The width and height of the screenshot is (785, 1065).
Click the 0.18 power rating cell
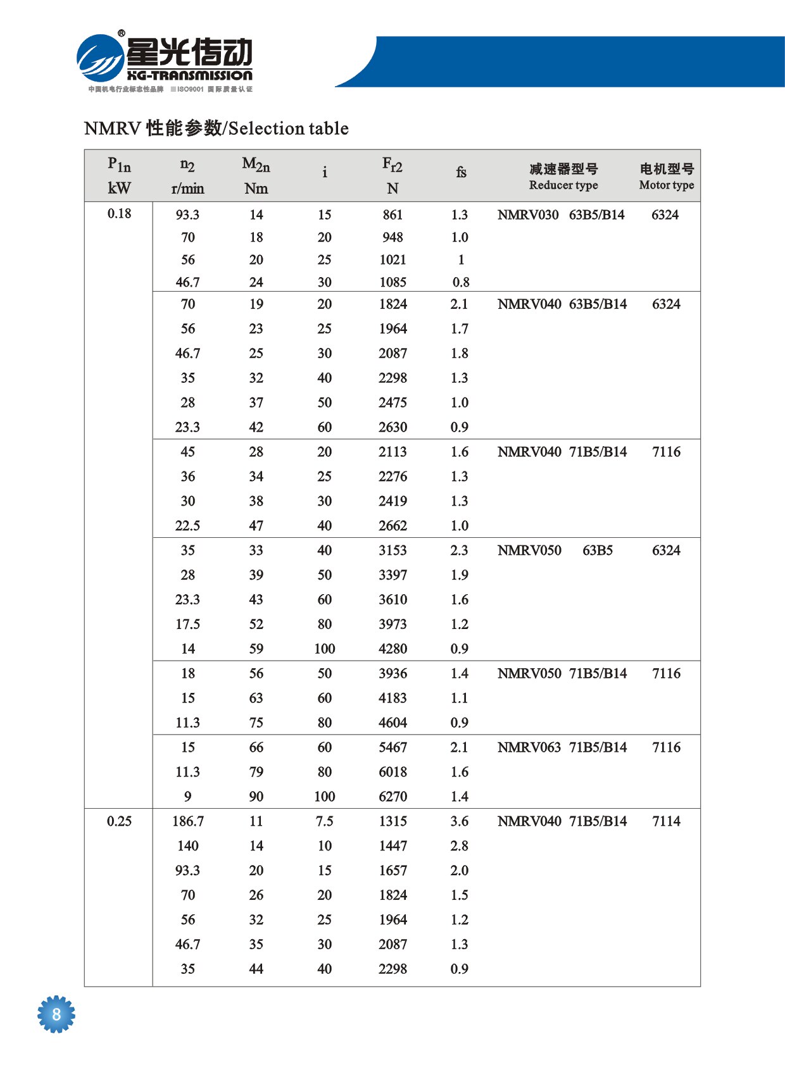pos(119,213)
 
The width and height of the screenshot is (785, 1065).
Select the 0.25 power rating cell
pos(119,821)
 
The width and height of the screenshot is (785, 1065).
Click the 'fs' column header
pos(461,172)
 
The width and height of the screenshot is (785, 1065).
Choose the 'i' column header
pos(325,172)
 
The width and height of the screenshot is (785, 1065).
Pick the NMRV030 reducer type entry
pos(528,215)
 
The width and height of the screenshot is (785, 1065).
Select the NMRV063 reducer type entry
pos(529,747)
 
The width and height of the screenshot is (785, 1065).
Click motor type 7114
pos(666,821)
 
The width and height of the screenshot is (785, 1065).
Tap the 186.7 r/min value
pos(188,821)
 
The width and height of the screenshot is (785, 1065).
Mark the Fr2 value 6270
pos(392,797)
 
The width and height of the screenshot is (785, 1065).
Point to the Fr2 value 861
pos(392,215)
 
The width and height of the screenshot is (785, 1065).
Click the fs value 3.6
pos(460,821)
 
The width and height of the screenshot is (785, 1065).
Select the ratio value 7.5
pos(325,821)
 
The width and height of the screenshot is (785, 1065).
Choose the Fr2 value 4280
pos(392,649)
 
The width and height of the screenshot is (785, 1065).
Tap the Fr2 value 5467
pos(392,747)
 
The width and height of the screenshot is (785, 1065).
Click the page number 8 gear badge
pos(56,1014)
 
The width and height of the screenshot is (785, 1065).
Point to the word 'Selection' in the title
pos(258,128)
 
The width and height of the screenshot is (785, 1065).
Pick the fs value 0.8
pos(461,282)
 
